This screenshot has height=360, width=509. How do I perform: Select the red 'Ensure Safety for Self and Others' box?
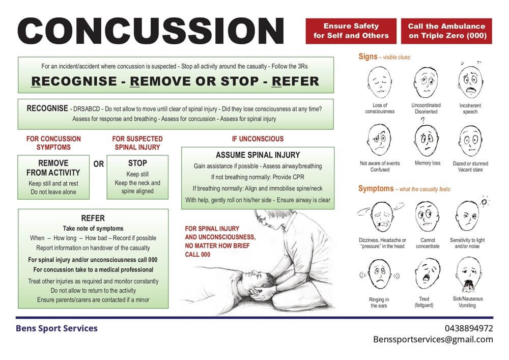(x=351, y=31)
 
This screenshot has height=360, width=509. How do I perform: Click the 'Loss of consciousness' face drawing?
(x=379, y=82)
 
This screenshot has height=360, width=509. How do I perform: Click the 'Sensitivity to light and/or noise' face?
(x=468, y=216)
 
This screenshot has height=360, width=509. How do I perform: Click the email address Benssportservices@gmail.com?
(x=433, y=339)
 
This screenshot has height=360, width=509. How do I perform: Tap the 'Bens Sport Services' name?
(x=57, y=328)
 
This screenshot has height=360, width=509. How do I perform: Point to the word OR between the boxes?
(x=99, y=164)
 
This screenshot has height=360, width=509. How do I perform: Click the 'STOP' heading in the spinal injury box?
(x=137, y=163)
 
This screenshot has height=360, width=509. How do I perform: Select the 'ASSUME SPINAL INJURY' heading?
(x=258, y=155)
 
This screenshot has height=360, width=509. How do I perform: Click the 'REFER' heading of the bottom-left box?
(x=93, y=218)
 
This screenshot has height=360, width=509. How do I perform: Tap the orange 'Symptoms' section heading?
(x=376, y=189)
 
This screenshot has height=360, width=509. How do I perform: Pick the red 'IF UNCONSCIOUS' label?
(x=258, y=139)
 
